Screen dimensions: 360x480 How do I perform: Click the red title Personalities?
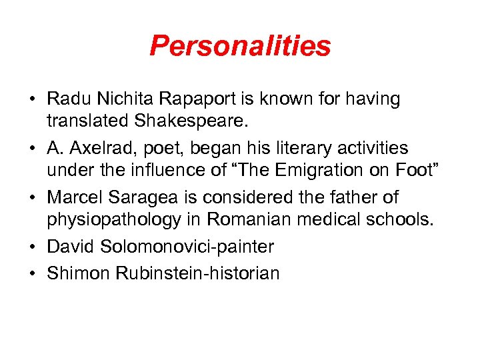[240, 46]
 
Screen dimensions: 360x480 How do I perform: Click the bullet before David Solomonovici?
[33, 246]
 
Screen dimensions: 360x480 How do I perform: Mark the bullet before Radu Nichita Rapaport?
[33, 99]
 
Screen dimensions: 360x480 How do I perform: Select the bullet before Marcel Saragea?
[33, 197]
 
